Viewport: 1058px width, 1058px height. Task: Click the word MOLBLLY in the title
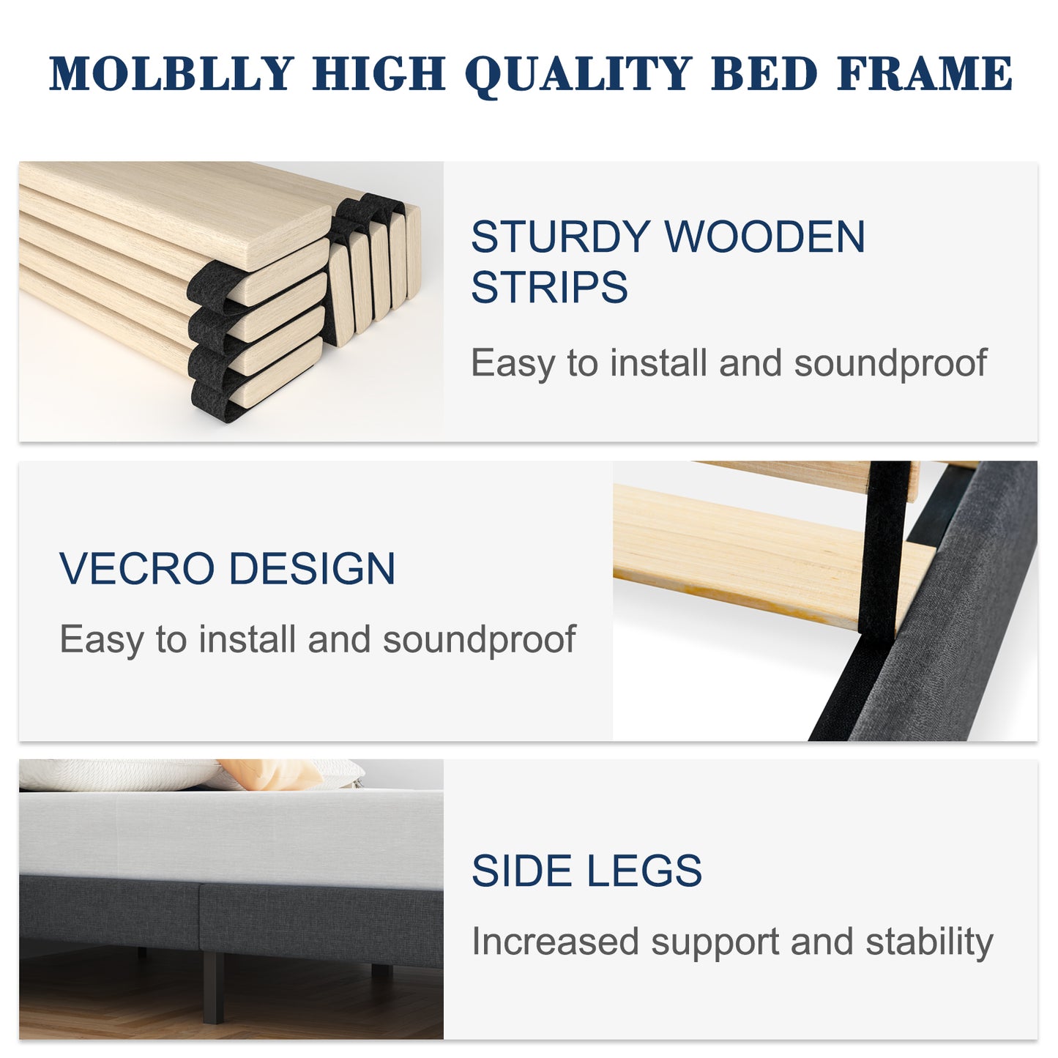point(171,74)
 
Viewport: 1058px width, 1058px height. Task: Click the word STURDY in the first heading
point(560,237)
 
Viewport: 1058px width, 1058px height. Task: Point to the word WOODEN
point(764,237)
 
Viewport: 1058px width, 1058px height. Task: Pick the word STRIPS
point(549,287)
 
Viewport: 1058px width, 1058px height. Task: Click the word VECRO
point(137,569)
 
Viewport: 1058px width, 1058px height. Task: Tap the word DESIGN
point(313,569)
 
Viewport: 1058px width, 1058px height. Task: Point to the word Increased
point(555,942)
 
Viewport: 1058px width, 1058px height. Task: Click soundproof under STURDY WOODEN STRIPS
point(890,364)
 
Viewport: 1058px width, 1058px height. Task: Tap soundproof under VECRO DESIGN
point(479,641)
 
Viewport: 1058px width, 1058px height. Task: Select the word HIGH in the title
point(379,74)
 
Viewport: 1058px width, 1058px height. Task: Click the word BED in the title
point(764,74)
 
